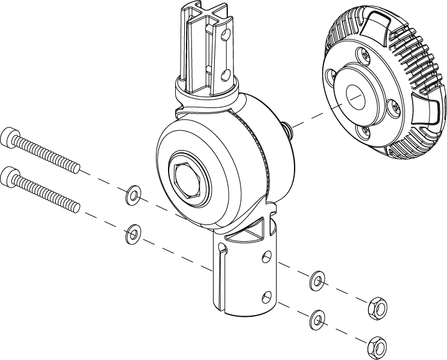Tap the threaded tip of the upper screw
(x=73, y=166)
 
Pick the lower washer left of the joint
(x=132, y=233)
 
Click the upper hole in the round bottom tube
(x=265, y=258)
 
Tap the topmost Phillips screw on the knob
(x=364, y=55)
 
